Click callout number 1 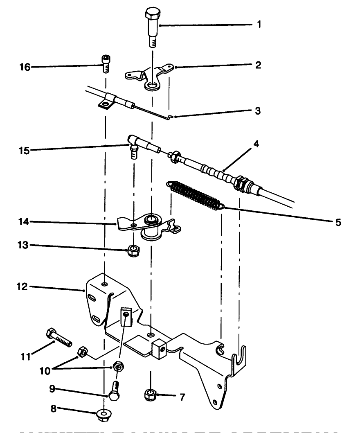click(x=259, y=24)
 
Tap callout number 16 click(x=25, y=67)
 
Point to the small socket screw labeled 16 click(x=105, y=64)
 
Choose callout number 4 click(x=256, y=144)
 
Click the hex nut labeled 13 click(x=133, y=250)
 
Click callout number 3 click(x=258, y=111)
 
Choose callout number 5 click(x=337, y=223)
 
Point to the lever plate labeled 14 click(x=147, y=225)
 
